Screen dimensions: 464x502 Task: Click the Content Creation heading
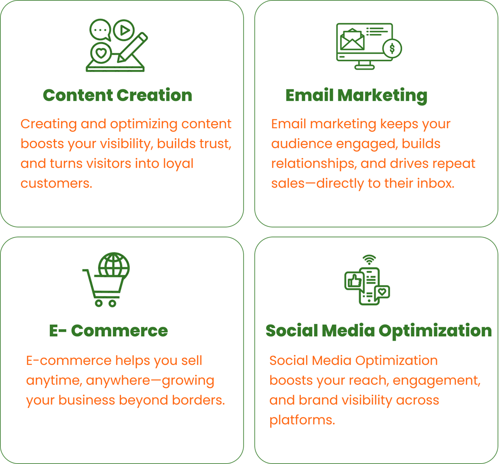[x=117, y=95]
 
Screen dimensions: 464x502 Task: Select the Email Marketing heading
[x=356, y=95]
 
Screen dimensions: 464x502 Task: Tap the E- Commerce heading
[x=108, y=331]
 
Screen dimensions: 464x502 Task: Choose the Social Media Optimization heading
[x=378, y=331]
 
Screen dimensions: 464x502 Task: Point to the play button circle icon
[x=124, y=30]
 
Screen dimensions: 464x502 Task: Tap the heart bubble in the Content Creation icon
[x=101, y=52]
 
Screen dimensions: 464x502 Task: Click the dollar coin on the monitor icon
[x=392, y=48]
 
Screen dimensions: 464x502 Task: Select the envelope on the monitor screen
[x=352, y=40]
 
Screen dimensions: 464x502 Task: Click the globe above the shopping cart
[x=114, y=265]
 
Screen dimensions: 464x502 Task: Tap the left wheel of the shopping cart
[x=98, y=303]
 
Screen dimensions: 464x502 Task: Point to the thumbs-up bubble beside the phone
[x=354, y=281]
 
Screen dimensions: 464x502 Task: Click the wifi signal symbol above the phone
[x=369, y=260]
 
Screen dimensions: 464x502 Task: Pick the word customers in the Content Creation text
[x=56, y=183]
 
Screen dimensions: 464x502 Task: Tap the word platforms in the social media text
[x=301, y=420]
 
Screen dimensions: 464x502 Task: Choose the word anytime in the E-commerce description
[x=53, y=380]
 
